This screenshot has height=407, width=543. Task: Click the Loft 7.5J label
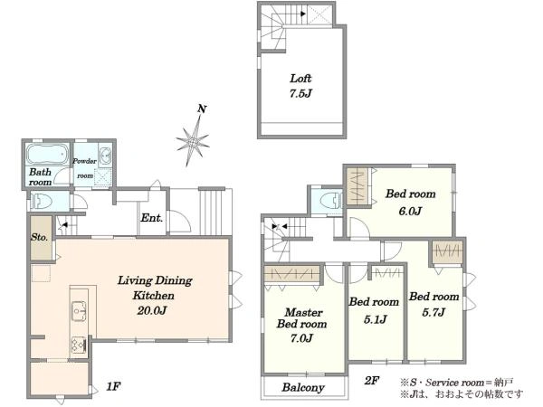300,86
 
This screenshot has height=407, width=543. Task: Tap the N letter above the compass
202,109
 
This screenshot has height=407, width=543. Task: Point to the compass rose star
193,141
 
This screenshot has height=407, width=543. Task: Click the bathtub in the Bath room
46,154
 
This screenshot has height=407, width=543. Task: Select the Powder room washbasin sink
105,156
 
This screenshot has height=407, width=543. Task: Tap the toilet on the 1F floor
42,201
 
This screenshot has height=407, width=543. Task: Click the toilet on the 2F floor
331,201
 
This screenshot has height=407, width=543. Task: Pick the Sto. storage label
39,237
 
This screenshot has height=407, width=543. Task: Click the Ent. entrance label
151,218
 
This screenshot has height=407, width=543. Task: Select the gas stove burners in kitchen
79,345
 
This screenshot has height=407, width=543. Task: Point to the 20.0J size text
152,310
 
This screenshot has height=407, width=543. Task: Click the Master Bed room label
302,318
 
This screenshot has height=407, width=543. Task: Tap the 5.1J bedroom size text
375,319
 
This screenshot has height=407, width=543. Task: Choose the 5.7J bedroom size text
433,313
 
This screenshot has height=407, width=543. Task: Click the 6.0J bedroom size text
410,211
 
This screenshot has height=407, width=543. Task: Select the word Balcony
303,388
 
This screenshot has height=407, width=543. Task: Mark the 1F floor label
113,386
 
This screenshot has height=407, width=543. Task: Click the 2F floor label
372,381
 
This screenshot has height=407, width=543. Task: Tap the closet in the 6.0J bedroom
357,186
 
